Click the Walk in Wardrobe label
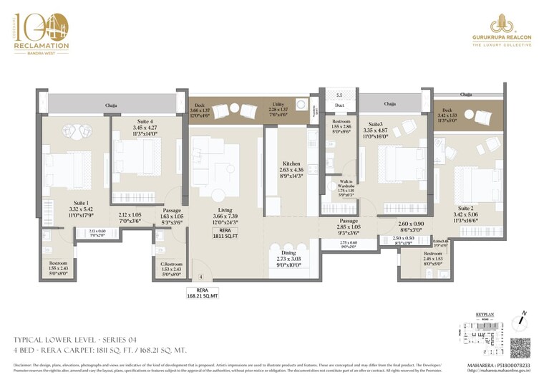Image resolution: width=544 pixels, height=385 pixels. point(339,191)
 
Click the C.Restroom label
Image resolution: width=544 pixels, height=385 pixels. point(173,266)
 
